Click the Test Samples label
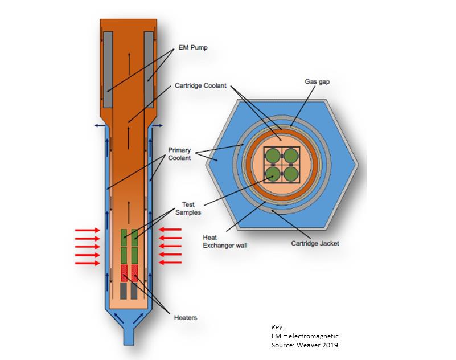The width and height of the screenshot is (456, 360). tap(192, 207)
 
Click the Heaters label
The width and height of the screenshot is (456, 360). tap(185, 317)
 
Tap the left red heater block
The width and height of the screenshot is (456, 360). tap(124, 273)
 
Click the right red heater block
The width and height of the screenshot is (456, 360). tap(135, 273)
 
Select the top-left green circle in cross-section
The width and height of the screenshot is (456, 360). tap(274, 154)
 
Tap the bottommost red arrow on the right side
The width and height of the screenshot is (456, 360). tap(170, 263)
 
